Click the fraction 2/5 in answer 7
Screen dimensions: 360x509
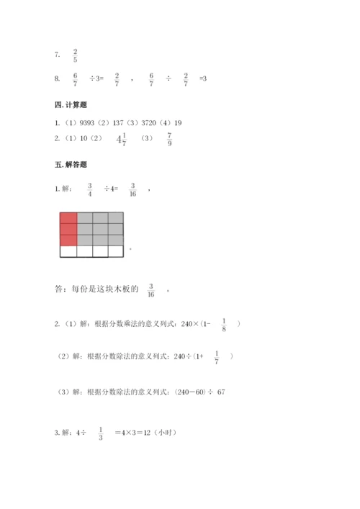tap(76, 55)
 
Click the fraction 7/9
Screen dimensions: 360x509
tap(169, 139)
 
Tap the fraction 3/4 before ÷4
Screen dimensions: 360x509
tap(90, 190)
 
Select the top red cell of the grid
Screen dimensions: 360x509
tap(68, 218)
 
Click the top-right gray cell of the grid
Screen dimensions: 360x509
tap(115, 218)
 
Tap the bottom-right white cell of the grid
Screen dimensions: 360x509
tap(115, 251)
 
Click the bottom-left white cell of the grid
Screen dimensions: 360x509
tap(68, 251)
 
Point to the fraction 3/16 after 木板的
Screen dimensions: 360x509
tap(150, 290)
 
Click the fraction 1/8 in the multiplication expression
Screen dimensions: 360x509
tap(224, 325)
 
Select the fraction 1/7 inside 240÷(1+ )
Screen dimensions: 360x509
tap(217, 356)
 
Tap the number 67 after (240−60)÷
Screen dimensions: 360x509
tap(221, 392)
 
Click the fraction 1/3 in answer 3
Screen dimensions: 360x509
tap(100, 433)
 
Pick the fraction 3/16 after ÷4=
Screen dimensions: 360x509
tap(133, 190)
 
